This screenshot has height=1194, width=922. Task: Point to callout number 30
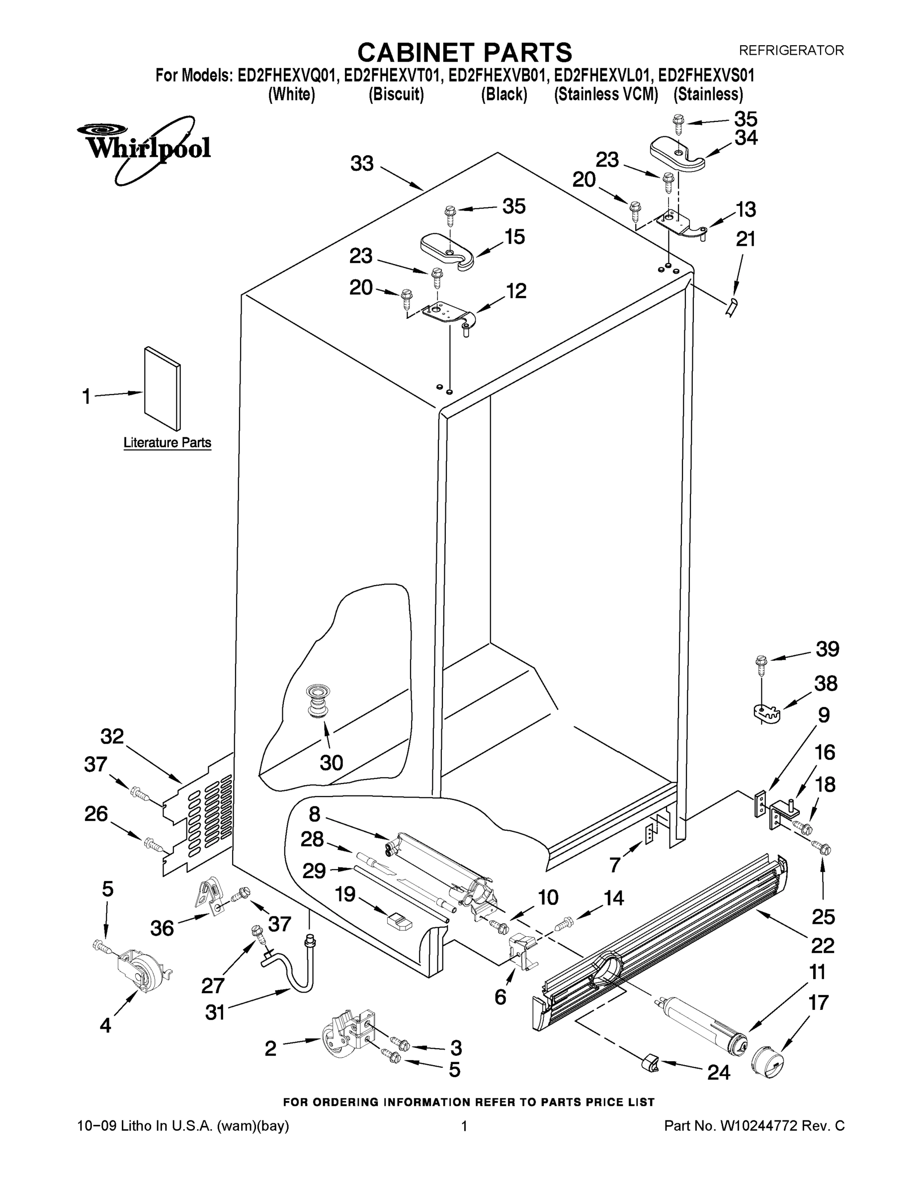[331, 762]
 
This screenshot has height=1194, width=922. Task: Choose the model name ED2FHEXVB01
[496, 76]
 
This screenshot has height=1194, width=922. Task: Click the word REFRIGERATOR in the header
[791, 50]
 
